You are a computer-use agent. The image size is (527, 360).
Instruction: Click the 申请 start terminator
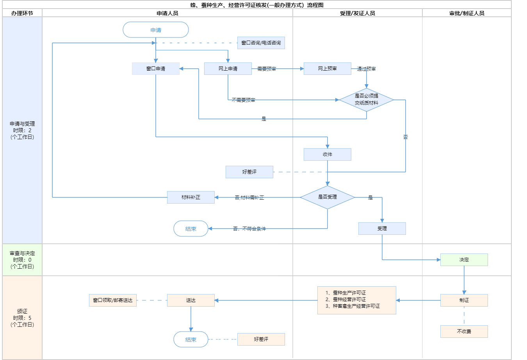156,30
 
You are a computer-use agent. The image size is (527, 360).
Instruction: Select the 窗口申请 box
156,69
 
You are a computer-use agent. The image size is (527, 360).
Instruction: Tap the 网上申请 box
228,69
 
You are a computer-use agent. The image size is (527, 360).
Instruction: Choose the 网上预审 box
328,69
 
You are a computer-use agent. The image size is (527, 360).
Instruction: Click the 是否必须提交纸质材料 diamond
367,100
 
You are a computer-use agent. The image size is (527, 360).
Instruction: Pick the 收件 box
328,154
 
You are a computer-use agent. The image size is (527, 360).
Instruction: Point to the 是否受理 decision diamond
328,197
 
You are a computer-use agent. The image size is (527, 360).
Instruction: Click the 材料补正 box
191,197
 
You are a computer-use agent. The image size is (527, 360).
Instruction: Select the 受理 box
382,229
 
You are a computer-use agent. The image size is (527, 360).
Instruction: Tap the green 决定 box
464,260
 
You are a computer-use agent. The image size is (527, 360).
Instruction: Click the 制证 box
464,300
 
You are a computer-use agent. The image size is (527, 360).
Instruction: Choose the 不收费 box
464,332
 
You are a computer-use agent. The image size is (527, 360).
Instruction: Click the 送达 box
191,300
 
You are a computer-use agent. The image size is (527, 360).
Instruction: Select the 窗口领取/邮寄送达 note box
113,300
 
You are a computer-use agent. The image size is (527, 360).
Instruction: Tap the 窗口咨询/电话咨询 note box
261,43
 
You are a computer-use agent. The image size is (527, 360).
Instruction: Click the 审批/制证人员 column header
467,13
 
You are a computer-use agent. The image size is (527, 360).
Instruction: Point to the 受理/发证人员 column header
358,13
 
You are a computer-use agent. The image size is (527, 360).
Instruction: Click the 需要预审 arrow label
267,69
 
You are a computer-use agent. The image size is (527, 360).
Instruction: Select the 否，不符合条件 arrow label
249,229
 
